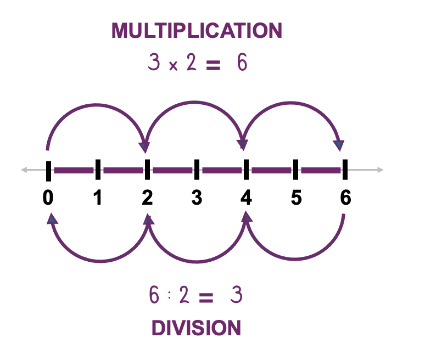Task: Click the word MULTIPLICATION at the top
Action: pos(197,31)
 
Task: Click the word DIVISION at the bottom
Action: pos(196,328)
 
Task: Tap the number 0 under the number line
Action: pos(48,198)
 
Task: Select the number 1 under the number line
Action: pos(98,198)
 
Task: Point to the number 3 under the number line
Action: pos(197,198)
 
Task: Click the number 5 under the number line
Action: pos(296,198)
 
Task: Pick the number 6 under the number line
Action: pos(345,198)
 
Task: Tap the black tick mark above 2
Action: pos(147,170)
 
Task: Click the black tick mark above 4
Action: pos(246,170)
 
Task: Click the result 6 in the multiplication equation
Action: pos(242,64)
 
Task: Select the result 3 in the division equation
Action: pos(236,296)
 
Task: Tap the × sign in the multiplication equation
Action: pos(172,66)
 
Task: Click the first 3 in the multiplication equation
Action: pos(154,64)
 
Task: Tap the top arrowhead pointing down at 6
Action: pos(339,145)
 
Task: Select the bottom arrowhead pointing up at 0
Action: pos(52,219)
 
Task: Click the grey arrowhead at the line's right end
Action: pos(379,170)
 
